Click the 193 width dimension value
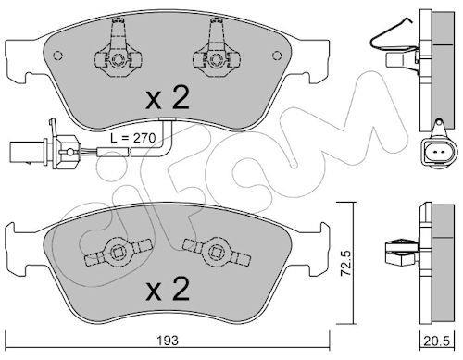click(168, 341)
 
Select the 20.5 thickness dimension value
click(437, 341)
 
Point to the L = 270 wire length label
click(133, 138)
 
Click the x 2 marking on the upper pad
click(167, 98)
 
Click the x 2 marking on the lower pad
click(167, 289)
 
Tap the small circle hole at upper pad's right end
click(277, 56)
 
